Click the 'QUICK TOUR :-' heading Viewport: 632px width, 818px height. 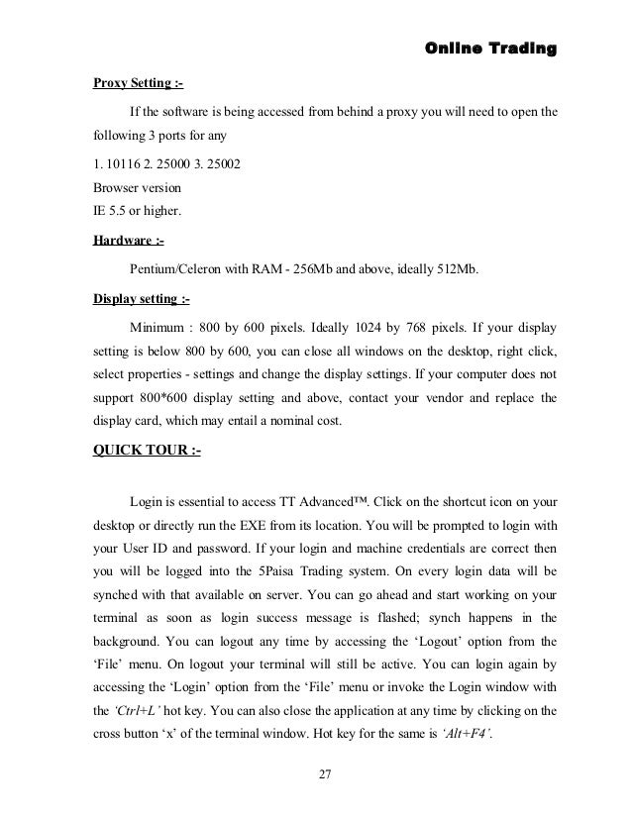pyautogui.click(x=146, y=453)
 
